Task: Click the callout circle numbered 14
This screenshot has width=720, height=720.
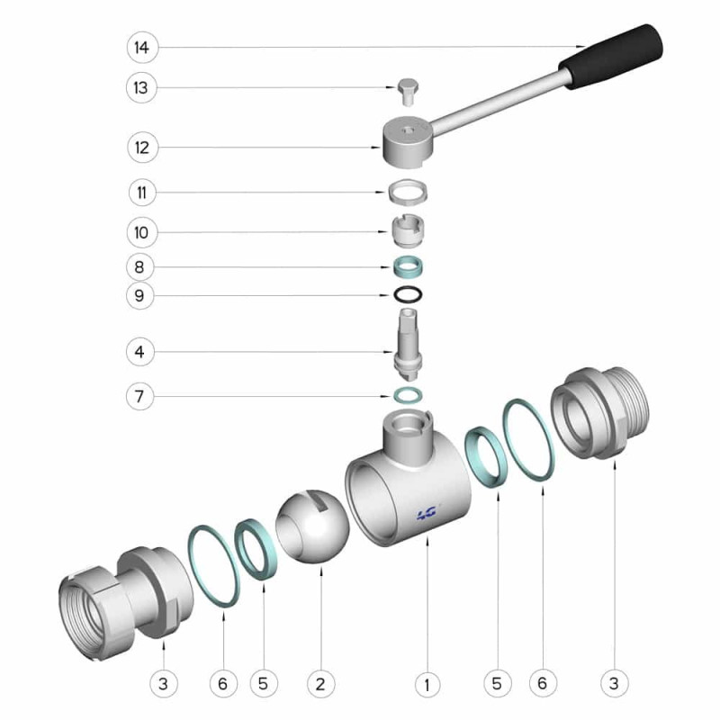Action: (142, 48)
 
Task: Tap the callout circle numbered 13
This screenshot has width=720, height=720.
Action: (141, 87)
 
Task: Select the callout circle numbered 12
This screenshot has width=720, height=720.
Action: (142, 148)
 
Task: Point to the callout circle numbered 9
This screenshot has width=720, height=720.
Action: (139, 295)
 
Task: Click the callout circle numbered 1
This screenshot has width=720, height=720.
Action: (427, 685)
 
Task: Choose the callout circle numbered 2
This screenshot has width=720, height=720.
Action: (320, 684)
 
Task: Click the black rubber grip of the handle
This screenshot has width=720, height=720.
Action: (611, 56)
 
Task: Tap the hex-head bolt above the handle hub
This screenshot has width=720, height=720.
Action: (408, 92)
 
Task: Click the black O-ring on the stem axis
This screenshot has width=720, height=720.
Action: (408, 294)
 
